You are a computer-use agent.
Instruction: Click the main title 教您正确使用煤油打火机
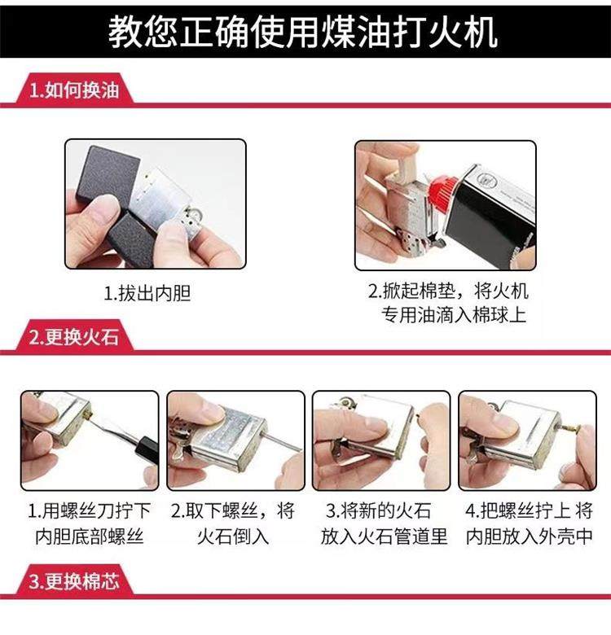pyautogui.click(x=303, y=32)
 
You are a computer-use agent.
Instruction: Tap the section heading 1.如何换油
pyautogui.click(x=74, y=90)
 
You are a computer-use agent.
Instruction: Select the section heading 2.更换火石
pyautogui.click(x=74, y=337)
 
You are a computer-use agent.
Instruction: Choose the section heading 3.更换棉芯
pyautogui.click(x=74, y=581)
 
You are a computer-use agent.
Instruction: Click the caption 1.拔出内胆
pyautogui.click(x=147, y=293)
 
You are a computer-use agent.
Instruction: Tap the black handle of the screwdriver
pyautogui.click(x=147, y=449)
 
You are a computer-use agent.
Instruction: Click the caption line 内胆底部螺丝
pyautogui.click(x=89, y=536)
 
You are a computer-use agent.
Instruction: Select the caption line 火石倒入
pyautogui.click(x=233, y=536)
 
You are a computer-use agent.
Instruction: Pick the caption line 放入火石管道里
pyautogui.click(x=384, y=536)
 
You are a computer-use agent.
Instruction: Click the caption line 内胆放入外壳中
pyautogui.click(x=530, y=536)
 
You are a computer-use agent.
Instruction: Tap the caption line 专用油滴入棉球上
pyautogui.click(x=454, y=315)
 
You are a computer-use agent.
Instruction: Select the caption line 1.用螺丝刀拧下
pyautogui.click(x=89, y=510)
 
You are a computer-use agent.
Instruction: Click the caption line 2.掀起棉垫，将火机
pyautogui.click(x=448, y=291)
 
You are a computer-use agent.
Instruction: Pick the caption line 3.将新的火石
pyautogui.click(x=379, y=510)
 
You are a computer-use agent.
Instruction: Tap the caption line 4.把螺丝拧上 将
pyautogui.click(x=530, y=510)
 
